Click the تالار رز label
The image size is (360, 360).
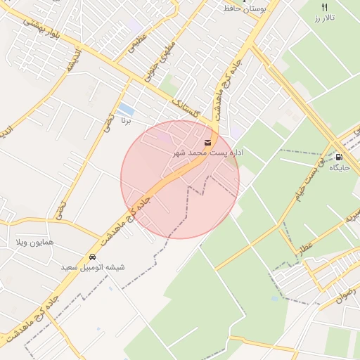click(324, 17)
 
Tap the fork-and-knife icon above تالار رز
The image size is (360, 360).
click(324, 6)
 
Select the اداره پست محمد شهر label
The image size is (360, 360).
click(207, 153)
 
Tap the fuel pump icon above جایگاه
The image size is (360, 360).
click(339, 157)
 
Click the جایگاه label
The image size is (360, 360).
click(339, 168)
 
